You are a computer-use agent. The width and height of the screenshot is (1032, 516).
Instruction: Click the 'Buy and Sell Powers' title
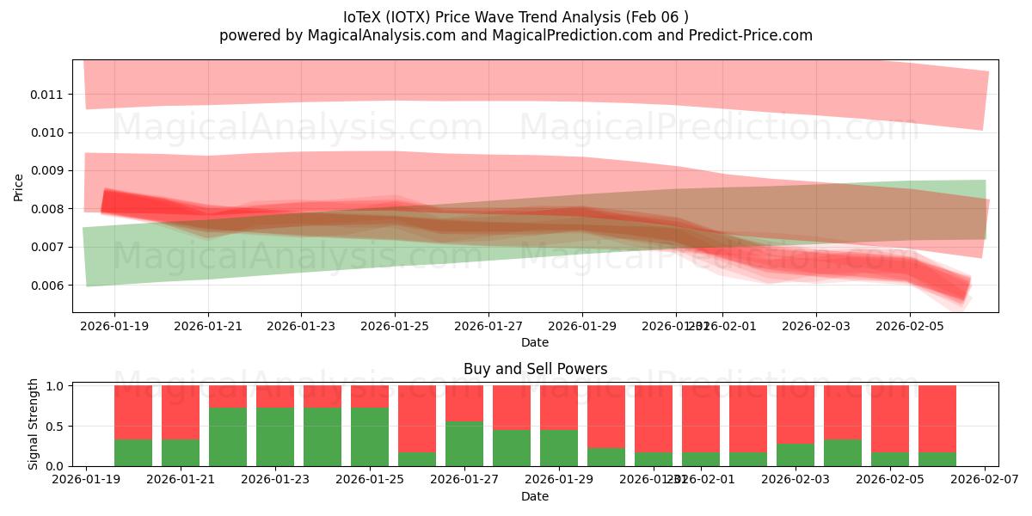click(535, 369)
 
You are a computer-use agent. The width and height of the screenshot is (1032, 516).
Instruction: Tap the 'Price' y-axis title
click(19, 187)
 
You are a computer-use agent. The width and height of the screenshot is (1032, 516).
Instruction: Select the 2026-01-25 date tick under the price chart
click(395, 327)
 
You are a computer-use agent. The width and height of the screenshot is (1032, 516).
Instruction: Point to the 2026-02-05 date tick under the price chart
click(910, 327)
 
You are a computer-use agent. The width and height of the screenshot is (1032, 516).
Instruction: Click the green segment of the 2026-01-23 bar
click(275, 437)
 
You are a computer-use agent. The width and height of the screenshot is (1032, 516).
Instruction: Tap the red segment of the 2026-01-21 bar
click(181, 412)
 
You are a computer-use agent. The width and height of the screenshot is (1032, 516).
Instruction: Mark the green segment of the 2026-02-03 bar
click(795, 455)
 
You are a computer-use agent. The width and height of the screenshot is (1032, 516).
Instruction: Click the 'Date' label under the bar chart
click(535, 496)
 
